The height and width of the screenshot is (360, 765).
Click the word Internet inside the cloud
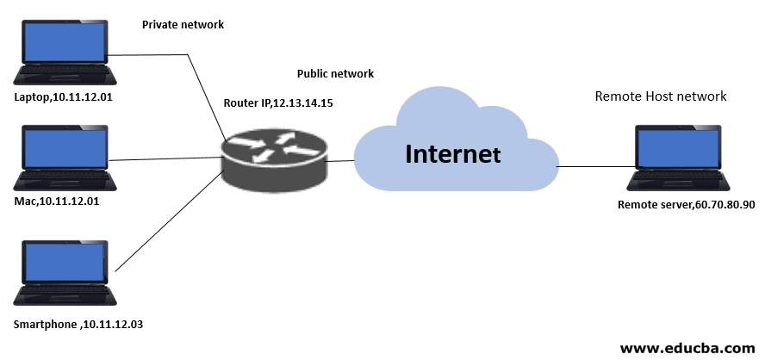453,155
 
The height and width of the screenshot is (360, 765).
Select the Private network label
183,25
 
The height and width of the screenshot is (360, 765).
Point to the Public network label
335,74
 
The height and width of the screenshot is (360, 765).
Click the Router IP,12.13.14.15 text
277,102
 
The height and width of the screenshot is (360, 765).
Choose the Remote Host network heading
661,96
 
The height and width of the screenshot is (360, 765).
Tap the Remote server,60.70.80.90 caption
686,205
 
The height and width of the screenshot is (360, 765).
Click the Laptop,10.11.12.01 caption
64,97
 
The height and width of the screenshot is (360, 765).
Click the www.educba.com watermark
687,348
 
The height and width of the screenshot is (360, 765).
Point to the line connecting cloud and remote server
594,166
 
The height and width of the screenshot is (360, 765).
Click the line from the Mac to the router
164,158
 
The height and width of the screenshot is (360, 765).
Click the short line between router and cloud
342,160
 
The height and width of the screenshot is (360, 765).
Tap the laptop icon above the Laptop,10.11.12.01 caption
65,51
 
